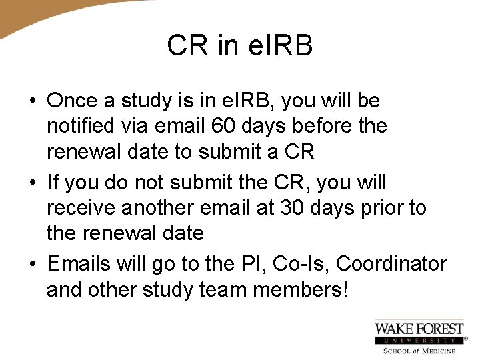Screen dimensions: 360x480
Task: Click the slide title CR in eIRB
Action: click(x=240, y=45)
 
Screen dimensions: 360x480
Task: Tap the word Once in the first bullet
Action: click(x=72, y=101)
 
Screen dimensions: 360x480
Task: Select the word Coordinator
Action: click(x=391, y=263)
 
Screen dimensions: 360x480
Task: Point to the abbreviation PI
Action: click(x=247, y=263)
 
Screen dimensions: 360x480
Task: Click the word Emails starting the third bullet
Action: click(x=78, y=263)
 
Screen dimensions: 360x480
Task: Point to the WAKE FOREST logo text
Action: click(x=419, y=328)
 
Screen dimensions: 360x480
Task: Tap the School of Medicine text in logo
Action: click(x=419, y=351)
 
